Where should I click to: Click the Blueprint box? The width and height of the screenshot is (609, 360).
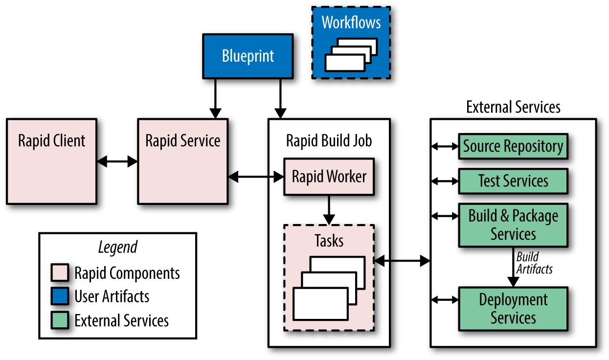pyautogui.click(x=248, y=56)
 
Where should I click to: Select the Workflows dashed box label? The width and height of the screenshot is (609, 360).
pyautogui.click(x=351, y=22)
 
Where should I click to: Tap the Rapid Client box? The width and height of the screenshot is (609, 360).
pyautogui.click(x=51, y=161)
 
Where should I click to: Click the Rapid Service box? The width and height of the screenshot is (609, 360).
pyautogui.click(x=182, y=161)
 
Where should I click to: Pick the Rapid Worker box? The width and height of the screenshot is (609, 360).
pyautogui.click(x=329, y=177)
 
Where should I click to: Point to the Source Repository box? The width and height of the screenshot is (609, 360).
pyautogui.click(x=513, y=146)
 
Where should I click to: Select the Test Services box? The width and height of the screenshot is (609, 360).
pyautogui.click(x=513, y=181)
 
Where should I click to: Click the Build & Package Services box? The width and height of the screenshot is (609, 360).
pyautogui.click(x=513, y=225)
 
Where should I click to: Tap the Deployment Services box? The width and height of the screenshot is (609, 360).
pyautogui.click(x=513, y=309)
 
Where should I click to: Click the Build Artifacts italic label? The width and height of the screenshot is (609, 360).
pyautogui.click(x=534, y=263)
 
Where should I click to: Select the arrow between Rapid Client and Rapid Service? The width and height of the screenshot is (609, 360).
pyautogui.click(x=117, y=162)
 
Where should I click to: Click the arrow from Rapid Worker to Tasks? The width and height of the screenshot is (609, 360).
pyautogui.click(x=329, y=209)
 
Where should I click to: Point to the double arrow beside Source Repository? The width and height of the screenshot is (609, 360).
pyautogui.click(x=444, y=146)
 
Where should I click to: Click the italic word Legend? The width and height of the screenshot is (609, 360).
pyautogui.click(x=118, y=247)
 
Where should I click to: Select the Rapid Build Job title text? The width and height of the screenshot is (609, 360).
pyautogui.click(x=329, y=141)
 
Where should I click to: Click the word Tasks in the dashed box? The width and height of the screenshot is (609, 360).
pyautogui.click(x=329, y=241)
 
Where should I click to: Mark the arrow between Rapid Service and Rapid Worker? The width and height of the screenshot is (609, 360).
pyautogui.click(x=256, y=177)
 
